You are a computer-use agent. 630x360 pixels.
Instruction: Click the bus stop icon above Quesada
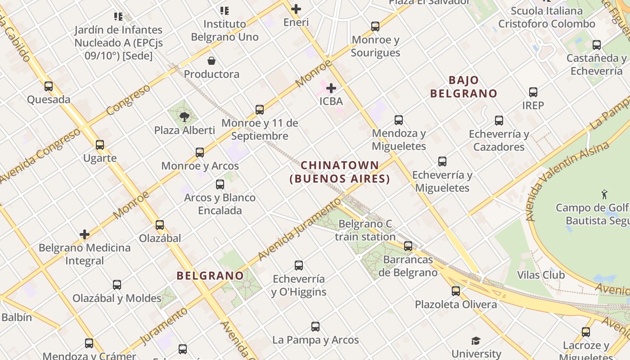point(49,86)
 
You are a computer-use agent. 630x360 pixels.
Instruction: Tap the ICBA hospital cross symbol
point(331,88)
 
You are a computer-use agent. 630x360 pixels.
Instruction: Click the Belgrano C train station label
point(365,230)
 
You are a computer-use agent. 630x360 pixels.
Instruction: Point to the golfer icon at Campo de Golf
point(604,194)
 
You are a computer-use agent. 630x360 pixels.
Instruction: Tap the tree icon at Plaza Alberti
point(184,117)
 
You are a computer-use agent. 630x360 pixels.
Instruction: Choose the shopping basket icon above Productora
point(211,61)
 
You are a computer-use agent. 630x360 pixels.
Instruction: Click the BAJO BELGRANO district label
point(464,87)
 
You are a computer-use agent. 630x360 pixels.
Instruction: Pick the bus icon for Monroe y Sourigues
point(375,27)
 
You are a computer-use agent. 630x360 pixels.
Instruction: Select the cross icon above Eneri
point(296,9)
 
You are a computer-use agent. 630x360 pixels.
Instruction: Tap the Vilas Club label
point(541,275)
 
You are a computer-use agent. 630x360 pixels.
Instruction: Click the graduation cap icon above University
point(476,341)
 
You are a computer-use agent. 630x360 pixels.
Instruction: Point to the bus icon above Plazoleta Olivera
point(456,291)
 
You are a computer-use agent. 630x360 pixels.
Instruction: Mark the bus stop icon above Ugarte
point(100,145)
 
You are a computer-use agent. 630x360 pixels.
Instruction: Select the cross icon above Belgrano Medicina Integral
point(85,234)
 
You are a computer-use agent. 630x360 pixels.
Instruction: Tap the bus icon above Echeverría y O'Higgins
point(299,265)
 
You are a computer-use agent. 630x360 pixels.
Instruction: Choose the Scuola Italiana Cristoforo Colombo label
point(547,18)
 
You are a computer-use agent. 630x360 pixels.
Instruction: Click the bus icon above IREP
point(533,92)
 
